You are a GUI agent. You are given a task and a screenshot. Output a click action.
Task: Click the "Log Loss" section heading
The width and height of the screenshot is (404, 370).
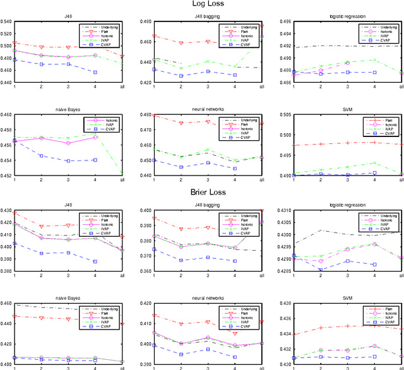point(202,4)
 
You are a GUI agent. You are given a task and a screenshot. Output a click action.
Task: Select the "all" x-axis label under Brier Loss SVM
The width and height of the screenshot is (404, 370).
point(401,367)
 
